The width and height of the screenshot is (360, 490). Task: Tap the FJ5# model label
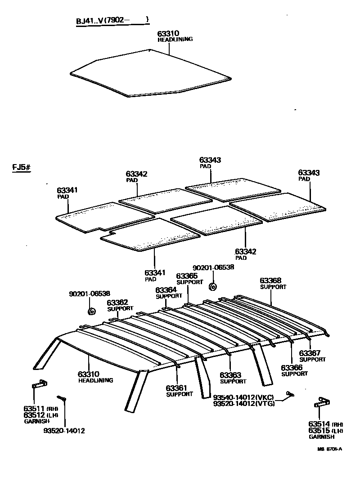pyautogui.click(x=21, y=168)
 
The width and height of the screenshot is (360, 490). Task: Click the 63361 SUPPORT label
pyautogui.click(x=179, y=391)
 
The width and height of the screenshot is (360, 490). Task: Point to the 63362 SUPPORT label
pyautogui.click(x=120, y=305)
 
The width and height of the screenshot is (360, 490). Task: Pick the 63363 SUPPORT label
pyautogui.click(x=233, y=378)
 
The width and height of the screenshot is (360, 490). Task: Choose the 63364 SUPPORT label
pyautogui.click(x=169, y=293)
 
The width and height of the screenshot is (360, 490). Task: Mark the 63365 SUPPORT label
pyautogui.click(x=189, y=279)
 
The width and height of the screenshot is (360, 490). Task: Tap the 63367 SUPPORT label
pyautogui.click(x=312, y=356)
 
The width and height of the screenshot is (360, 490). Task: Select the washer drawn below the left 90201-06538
pyautogui.click(x=91, y=311)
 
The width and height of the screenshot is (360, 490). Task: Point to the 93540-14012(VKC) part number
pyautogui.click(x=243, y=397)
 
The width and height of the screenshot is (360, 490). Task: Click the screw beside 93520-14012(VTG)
pyautogui.click(x=289, y=395)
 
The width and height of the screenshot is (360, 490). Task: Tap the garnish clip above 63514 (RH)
pyautogui.click(x=321, y=402)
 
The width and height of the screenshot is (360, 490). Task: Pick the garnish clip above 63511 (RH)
pyautogui.click(x=39, y=384)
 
